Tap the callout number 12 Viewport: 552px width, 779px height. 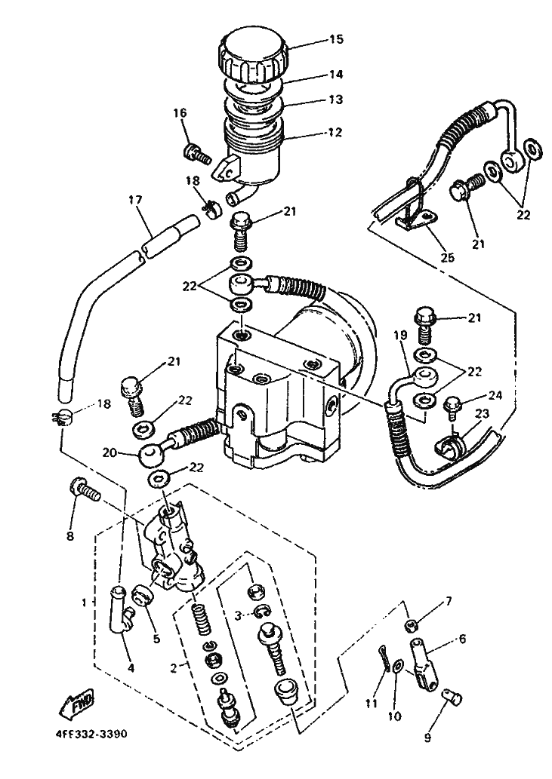click(335, 132)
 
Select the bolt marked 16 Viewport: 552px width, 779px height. click(198, 152)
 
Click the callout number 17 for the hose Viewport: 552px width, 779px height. click(134, 200)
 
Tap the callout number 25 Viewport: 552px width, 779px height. click(447, 257)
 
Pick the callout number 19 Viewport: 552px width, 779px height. click(400, 337)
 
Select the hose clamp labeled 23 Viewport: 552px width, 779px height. click(449, 444)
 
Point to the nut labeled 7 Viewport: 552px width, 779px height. click(412, 624)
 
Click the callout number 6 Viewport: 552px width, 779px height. click(462, 639)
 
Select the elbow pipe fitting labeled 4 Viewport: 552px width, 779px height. click(121, 609)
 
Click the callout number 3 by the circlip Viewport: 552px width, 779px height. click(238, 615)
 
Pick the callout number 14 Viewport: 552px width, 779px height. click(336, 75)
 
